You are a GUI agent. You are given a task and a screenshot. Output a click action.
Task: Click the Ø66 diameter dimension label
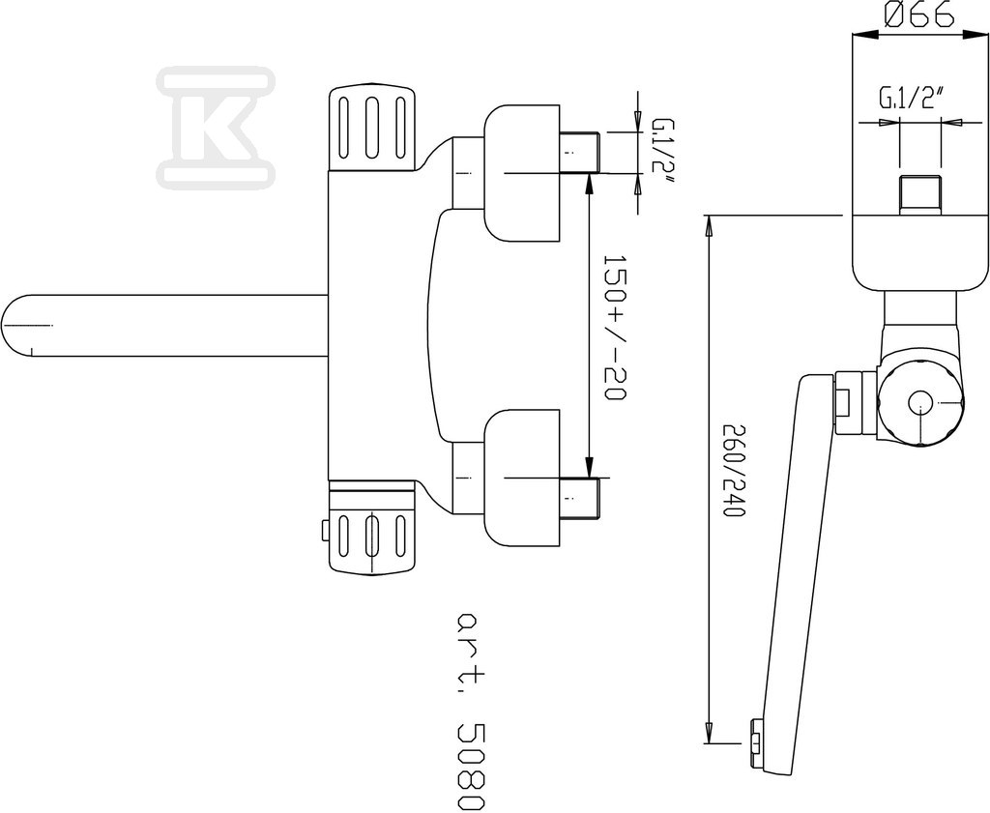tap(919, 15)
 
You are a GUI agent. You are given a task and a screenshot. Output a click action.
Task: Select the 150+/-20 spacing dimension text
tap(614, 328)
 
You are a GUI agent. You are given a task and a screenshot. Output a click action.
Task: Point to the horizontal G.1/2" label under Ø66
tap(910, 99)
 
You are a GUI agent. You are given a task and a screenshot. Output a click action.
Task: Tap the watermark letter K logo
tap(216, 127)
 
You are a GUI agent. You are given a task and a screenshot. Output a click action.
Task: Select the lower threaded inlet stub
tap(579, 499)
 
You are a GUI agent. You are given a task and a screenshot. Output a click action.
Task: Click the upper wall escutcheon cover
tap(522, 173)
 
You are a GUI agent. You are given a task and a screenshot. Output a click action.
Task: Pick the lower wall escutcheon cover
tap(522, 478)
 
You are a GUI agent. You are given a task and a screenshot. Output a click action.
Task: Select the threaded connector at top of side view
tap(919, 195)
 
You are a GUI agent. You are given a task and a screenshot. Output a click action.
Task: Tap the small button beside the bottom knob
tap(325, 530)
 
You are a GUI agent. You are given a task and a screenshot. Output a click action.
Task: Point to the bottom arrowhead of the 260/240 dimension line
tap(709, 733)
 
